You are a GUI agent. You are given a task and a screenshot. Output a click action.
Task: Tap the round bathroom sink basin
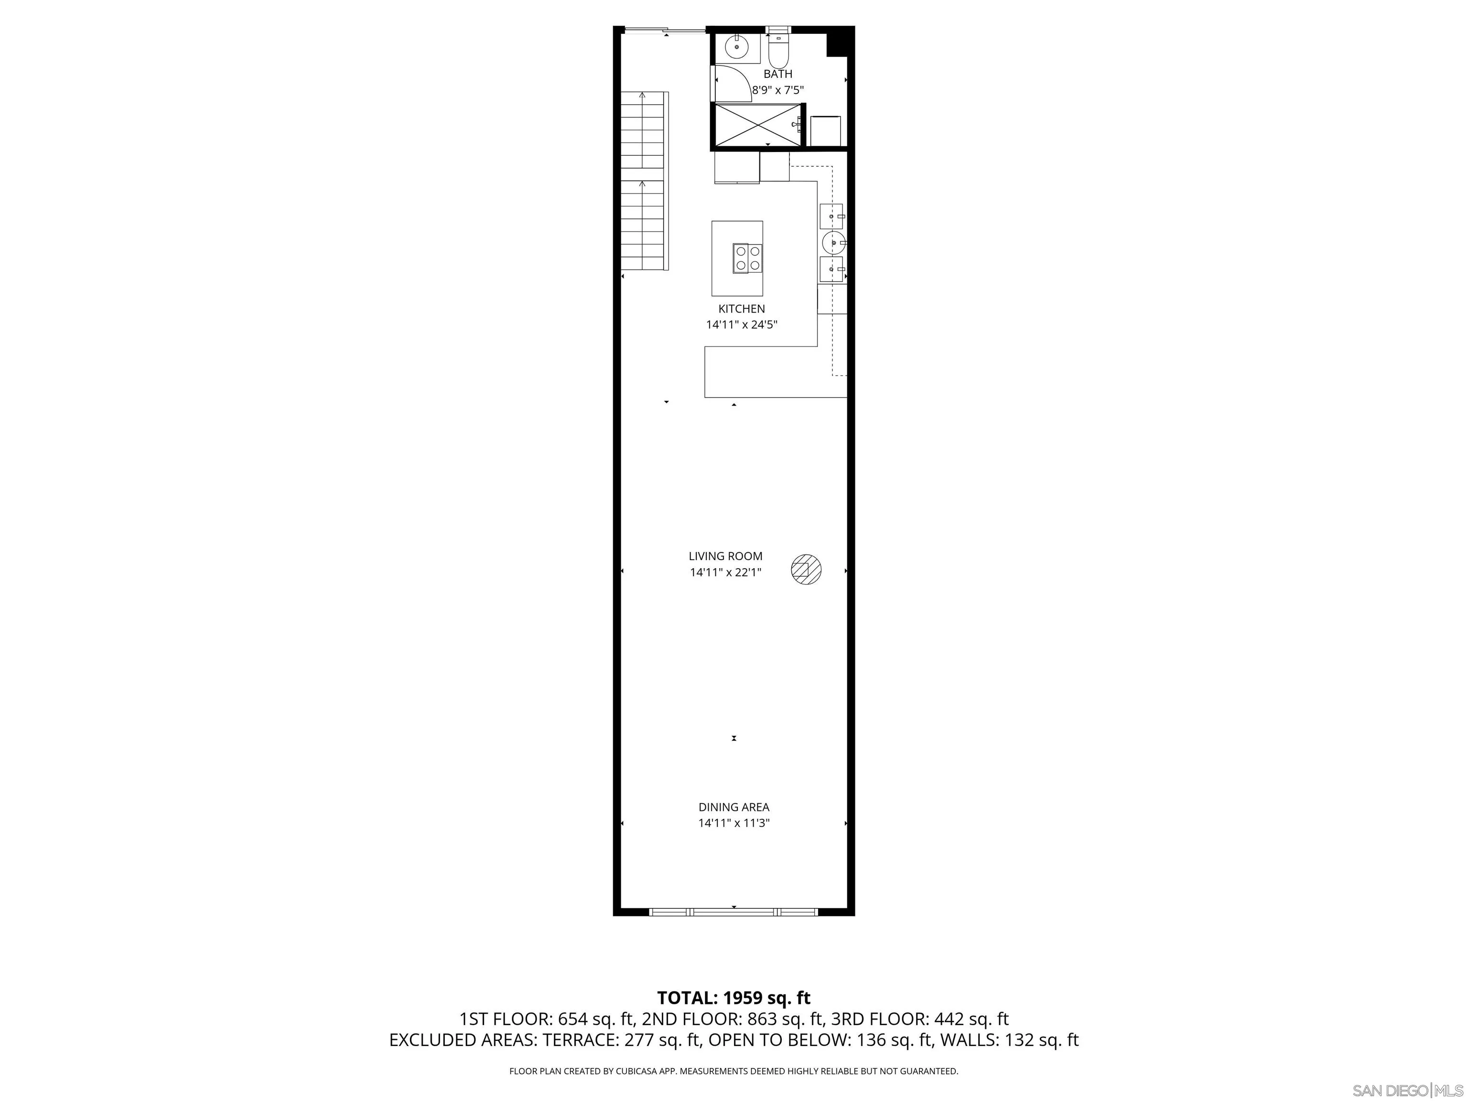[737, 48]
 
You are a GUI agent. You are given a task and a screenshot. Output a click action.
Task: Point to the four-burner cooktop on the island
[748, 258]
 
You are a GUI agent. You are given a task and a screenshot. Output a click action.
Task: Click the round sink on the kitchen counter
[832, 243]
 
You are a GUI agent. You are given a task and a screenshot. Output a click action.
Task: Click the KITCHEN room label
[741, 309]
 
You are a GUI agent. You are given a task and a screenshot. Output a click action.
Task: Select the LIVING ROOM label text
[725, 556]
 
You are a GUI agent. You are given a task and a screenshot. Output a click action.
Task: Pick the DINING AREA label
[734, 807]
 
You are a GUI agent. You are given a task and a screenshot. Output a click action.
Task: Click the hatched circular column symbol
[806, 570]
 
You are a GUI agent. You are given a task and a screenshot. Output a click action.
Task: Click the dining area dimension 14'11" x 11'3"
[734, 823]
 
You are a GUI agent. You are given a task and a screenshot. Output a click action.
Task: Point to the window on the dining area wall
[734, 912]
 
